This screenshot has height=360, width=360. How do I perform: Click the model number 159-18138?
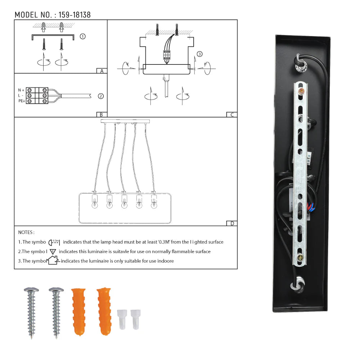click(75, 15)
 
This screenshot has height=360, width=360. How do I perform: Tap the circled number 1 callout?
click(83, 36)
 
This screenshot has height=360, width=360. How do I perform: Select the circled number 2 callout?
click(101, 96)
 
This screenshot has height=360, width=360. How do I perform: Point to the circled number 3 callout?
click(199, 54)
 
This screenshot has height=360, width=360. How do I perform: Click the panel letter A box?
click(102, 71)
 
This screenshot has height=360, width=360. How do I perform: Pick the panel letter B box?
click(102, 114)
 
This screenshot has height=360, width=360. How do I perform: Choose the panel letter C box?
click(232, 114)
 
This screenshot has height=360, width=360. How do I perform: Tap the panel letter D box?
click(232, 224)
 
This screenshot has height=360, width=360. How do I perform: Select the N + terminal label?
click(21, 90)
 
